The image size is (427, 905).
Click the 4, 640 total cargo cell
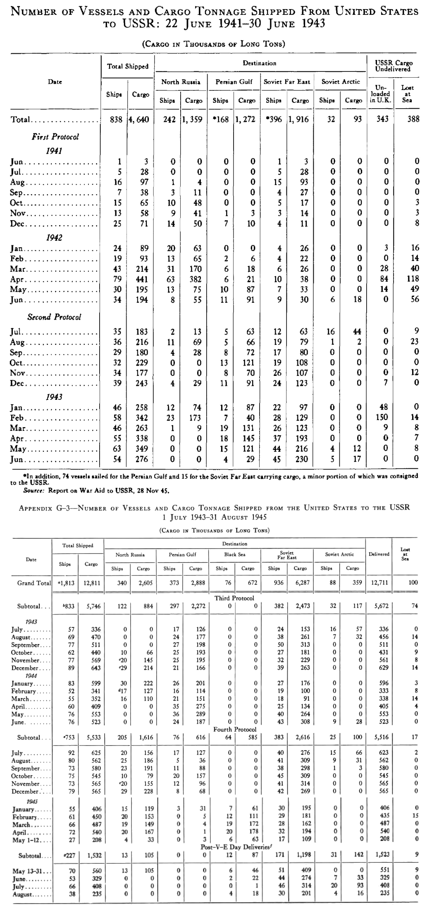point(140,120)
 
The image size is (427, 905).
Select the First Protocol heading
point(55,136)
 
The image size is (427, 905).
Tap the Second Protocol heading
point(54,317)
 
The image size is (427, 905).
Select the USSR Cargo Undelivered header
point(394,66)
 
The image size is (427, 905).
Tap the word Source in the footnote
point(33,491)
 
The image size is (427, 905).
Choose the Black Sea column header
point(234,554)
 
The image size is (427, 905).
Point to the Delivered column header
point(379,554)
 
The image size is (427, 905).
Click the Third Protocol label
point(234,598)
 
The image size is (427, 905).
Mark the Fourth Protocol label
point(234,729)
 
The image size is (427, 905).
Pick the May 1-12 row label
point(26,838)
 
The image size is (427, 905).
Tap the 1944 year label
point(31,676)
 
